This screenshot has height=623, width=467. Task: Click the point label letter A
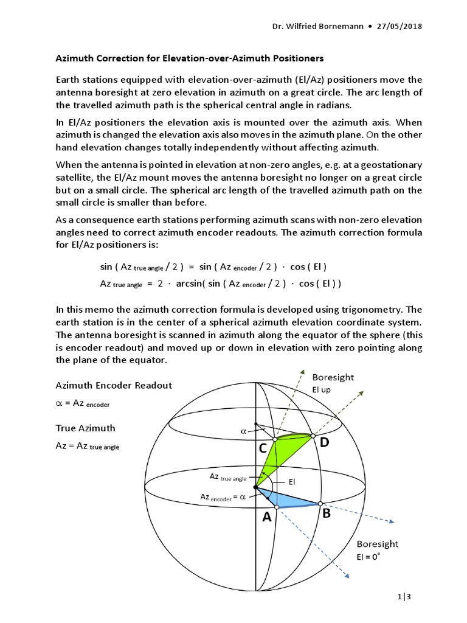pos(266,518)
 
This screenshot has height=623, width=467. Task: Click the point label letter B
pos(326,513)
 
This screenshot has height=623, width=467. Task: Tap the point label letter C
pos(263,449)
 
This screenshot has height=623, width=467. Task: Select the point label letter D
pos(324,444)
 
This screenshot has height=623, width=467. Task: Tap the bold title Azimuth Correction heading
pos(189,58)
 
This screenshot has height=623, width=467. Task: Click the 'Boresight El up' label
pos(333,383)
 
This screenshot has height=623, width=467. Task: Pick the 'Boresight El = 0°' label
pos(377,550)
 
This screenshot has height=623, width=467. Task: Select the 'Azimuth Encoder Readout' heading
pos(114,385)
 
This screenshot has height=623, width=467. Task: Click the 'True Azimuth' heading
pos(85,428)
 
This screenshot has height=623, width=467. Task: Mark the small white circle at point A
pos(277,507)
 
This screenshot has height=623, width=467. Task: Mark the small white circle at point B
pos(320,504)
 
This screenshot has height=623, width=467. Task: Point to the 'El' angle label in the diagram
pos(292,481)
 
